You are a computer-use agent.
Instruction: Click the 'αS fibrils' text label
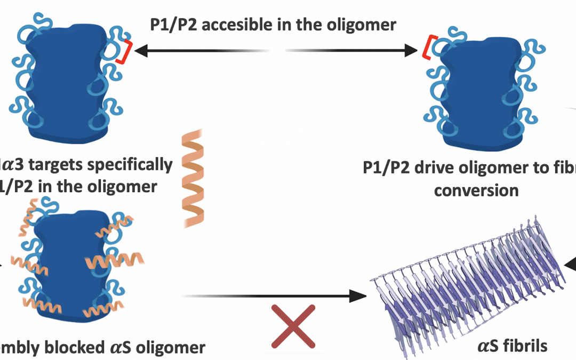point(511,345)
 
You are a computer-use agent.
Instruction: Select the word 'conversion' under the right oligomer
point(476,190)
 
